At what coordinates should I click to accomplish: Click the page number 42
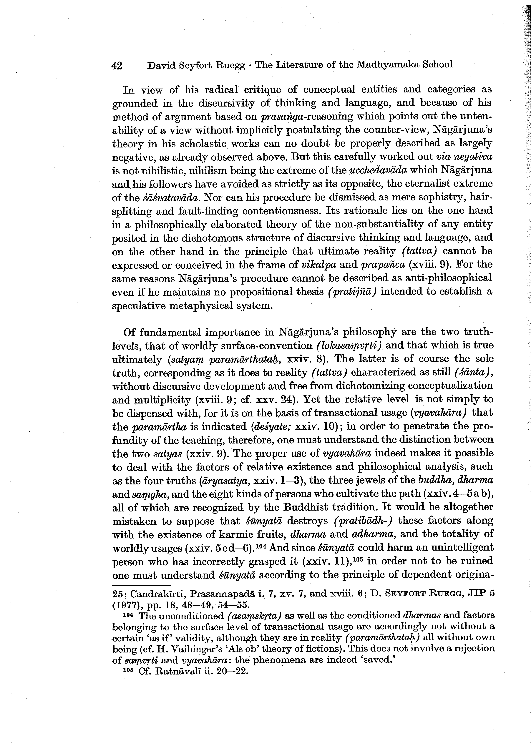coord(117,65)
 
